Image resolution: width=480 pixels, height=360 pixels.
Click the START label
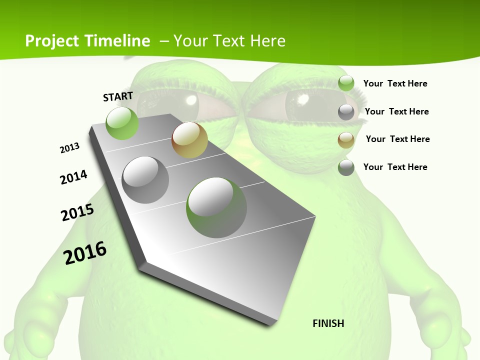click(118, 96)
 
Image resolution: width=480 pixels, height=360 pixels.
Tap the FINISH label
click(328, 323)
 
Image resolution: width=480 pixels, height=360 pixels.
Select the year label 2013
click(69, 148)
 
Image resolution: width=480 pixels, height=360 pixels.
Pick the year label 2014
click(73, 177)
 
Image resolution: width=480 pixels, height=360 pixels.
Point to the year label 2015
click(77, 212)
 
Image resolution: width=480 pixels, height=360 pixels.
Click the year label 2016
click(85, 253)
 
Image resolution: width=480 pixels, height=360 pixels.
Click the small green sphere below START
click(122, 123)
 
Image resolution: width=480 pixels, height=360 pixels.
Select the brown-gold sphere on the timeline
click(189, 140)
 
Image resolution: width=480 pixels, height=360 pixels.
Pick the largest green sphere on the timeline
click(216, 207)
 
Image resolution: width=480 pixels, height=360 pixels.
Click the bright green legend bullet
click(346, 83)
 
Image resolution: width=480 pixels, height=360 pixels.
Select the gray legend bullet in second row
click(346, 112)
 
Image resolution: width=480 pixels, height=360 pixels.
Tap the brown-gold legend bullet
click(346, 140)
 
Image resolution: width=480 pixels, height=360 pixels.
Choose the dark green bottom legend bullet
click(346, 167)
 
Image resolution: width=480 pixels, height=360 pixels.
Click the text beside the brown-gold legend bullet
click(397, 139)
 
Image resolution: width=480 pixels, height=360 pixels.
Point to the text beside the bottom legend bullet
click(395, 167)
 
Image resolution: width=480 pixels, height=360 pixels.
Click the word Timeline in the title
click(118, 41)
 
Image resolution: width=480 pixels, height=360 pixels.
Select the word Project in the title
click(52, 41)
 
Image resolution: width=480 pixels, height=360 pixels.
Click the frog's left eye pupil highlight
click(190, 100)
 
